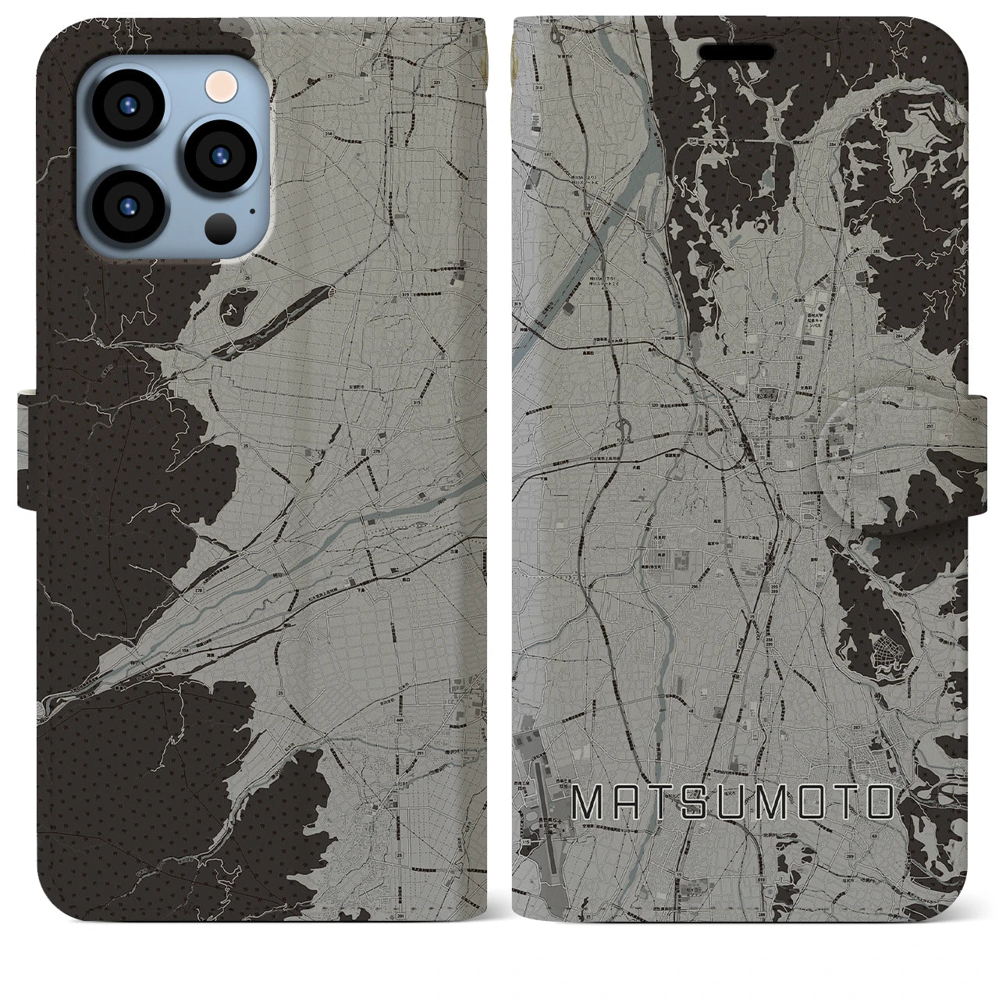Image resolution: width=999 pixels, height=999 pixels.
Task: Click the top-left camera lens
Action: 132,106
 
